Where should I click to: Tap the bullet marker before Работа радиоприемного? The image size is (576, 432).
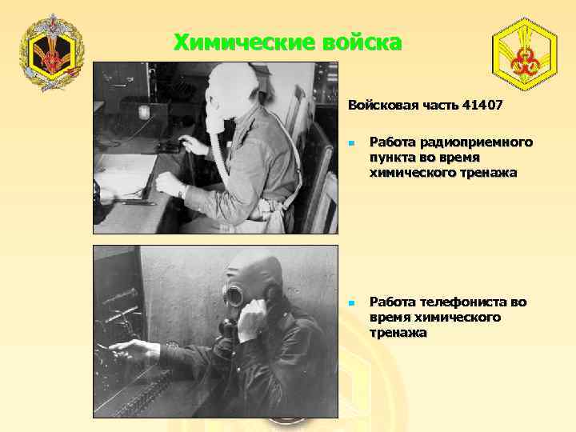click(351, 143)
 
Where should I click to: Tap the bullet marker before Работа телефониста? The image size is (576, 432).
click(351, 303)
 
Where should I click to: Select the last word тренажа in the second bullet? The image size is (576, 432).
click(398, 332)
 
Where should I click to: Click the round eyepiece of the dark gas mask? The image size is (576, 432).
click(234, 296)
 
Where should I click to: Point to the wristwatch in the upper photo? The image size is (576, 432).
click(183, 191)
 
